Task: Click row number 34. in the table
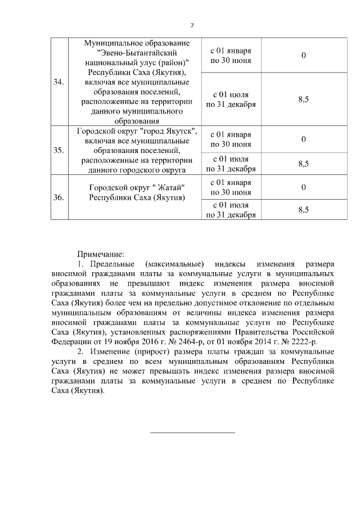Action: [x=57, y=82]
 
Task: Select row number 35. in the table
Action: [x=57, y=151]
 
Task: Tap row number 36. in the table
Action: [x=57, y=197]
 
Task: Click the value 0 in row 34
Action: [x=303, y=56]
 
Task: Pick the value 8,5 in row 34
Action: [x=303, y=99]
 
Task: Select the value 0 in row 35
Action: [x=303, y=139]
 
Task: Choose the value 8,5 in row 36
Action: [x=303, y=209]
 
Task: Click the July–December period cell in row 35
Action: [x=231, y=163]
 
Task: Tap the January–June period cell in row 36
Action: [x=231, y=187]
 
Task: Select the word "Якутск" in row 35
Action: [x=177, y=131]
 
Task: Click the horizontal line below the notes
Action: [x=193, y=433]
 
